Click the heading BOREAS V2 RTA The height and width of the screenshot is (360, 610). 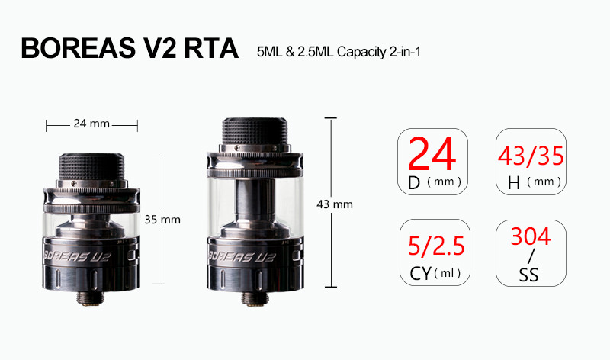click(x=130, y=48)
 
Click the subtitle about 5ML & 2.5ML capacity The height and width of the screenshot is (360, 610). click(x=339, y=52)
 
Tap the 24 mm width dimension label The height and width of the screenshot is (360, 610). click(x=91, y=124)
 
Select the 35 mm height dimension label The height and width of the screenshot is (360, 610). click(x=162, y=220)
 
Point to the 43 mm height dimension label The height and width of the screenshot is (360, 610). click(x=335, y=204)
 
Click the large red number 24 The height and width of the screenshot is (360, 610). click(x=432, y=155)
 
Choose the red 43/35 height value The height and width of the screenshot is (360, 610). click(x=531, y=156)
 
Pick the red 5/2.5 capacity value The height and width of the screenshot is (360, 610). click(x=436, y=246)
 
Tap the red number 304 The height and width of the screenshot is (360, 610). click(x=531, y=236)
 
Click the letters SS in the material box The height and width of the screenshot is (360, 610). click(x=528, y=275)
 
